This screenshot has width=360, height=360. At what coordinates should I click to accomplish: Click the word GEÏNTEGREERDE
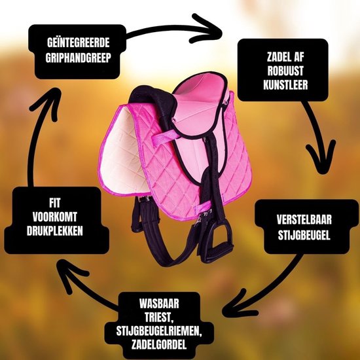pos(79,43)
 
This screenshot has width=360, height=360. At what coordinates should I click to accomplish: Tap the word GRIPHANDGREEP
pos(79,58)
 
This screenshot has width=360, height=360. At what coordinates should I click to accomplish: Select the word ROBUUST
pos(285,71)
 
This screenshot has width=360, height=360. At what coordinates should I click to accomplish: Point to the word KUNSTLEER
pos(285,84)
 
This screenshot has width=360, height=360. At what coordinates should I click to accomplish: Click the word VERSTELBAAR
pos(304,220)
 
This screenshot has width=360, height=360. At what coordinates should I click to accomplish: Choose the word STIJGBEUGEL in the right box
pos(304,235)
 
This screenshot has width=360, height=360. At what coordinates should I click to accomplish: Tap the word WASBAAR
pos(159,304)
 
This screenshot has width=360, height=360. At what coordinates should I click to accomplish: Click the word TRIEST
pos(159,317)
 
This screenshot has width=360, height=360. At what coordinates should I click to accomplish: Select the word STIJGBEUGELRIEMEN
pos(159,331)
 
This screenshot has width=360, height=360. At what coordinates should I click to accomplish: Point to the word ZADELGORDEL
pos(159,344)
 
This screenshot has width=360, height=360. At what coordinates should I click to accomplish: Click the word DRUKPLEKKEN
pos(54,231)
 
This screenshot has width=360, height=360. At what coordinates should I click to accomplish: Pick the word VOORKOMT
pos(54,217)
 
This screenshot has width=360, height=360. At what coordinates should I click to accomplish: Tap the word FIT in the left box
pos(54,203)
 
